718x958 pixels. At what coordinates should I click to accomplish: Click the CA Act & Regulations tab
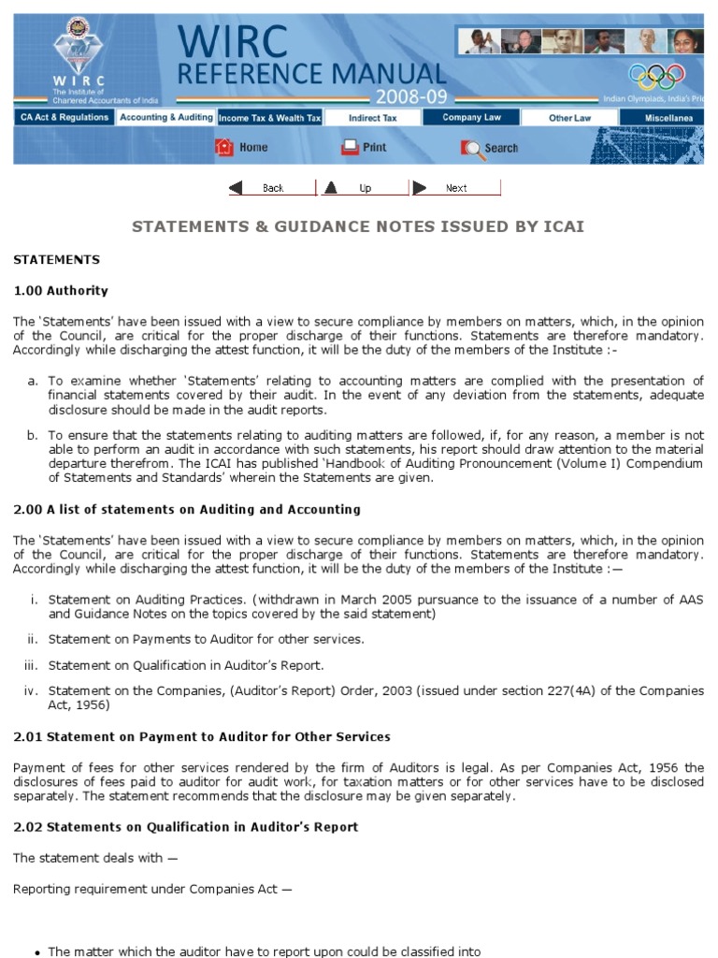64,118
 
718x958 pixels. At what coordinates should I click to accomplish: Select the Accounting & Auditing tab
165,118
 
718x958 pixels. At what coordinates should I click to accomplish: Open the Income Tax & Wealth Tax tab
269,119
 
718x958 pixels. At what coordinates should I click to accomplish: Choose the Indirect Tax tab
372,119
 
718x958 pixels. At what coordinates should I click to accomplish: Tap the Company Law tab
471,118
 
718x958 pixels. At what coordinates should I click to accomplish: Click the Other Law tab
569,119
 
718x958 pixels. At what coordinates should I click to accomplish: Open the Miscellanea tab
668,119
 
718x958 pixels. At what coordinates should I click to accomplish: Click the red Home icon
224,147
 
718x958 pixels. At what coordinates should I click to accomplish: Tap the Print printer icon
350,147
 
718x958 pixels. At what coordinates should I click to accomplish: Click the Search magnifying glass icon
471,148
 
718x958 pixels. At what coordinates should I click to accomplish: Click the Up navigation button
363,188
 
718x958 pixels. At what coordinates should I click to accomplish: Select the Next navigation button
454,188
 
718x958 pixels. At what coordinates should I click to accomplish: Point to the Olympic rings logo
657,77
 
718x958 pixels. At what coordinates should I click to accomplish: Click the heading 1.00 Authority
61,290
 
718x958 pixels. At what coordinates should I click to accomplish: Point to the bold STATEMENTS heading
56,259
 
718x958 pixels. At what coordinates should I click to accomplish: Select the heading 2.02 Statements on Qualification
185,827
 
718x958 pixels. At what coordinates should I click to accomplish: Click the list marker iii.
31,665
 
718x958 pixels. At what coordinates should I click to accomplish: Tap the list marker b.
33,435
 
